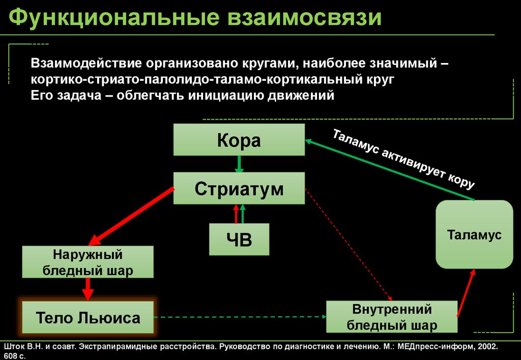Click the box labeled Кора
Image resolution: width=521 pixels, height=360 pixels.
tap(239, 140)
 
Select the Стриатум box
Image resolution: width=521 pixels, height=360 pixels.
tap(239, 189)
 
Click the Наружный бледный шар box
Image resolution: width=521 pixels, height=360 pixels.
tap(88, 262)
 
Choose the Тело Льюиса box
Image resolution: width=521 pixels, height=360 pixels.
tap(88, 318)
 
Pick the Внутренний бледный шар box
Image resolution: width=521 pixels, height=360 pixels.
tap(392, 317)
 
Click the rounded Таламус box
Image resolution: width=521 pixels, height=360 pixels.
tap(474, 234)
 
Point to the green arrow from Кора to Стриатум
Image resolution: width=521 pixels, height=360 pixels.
tap(239, 164)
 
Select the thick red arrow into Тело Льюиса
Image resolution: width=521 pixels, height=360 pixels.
tap(88, 289)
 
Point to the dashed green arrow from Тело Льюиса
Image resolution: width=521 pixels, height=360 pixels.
tap(239, 317)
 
